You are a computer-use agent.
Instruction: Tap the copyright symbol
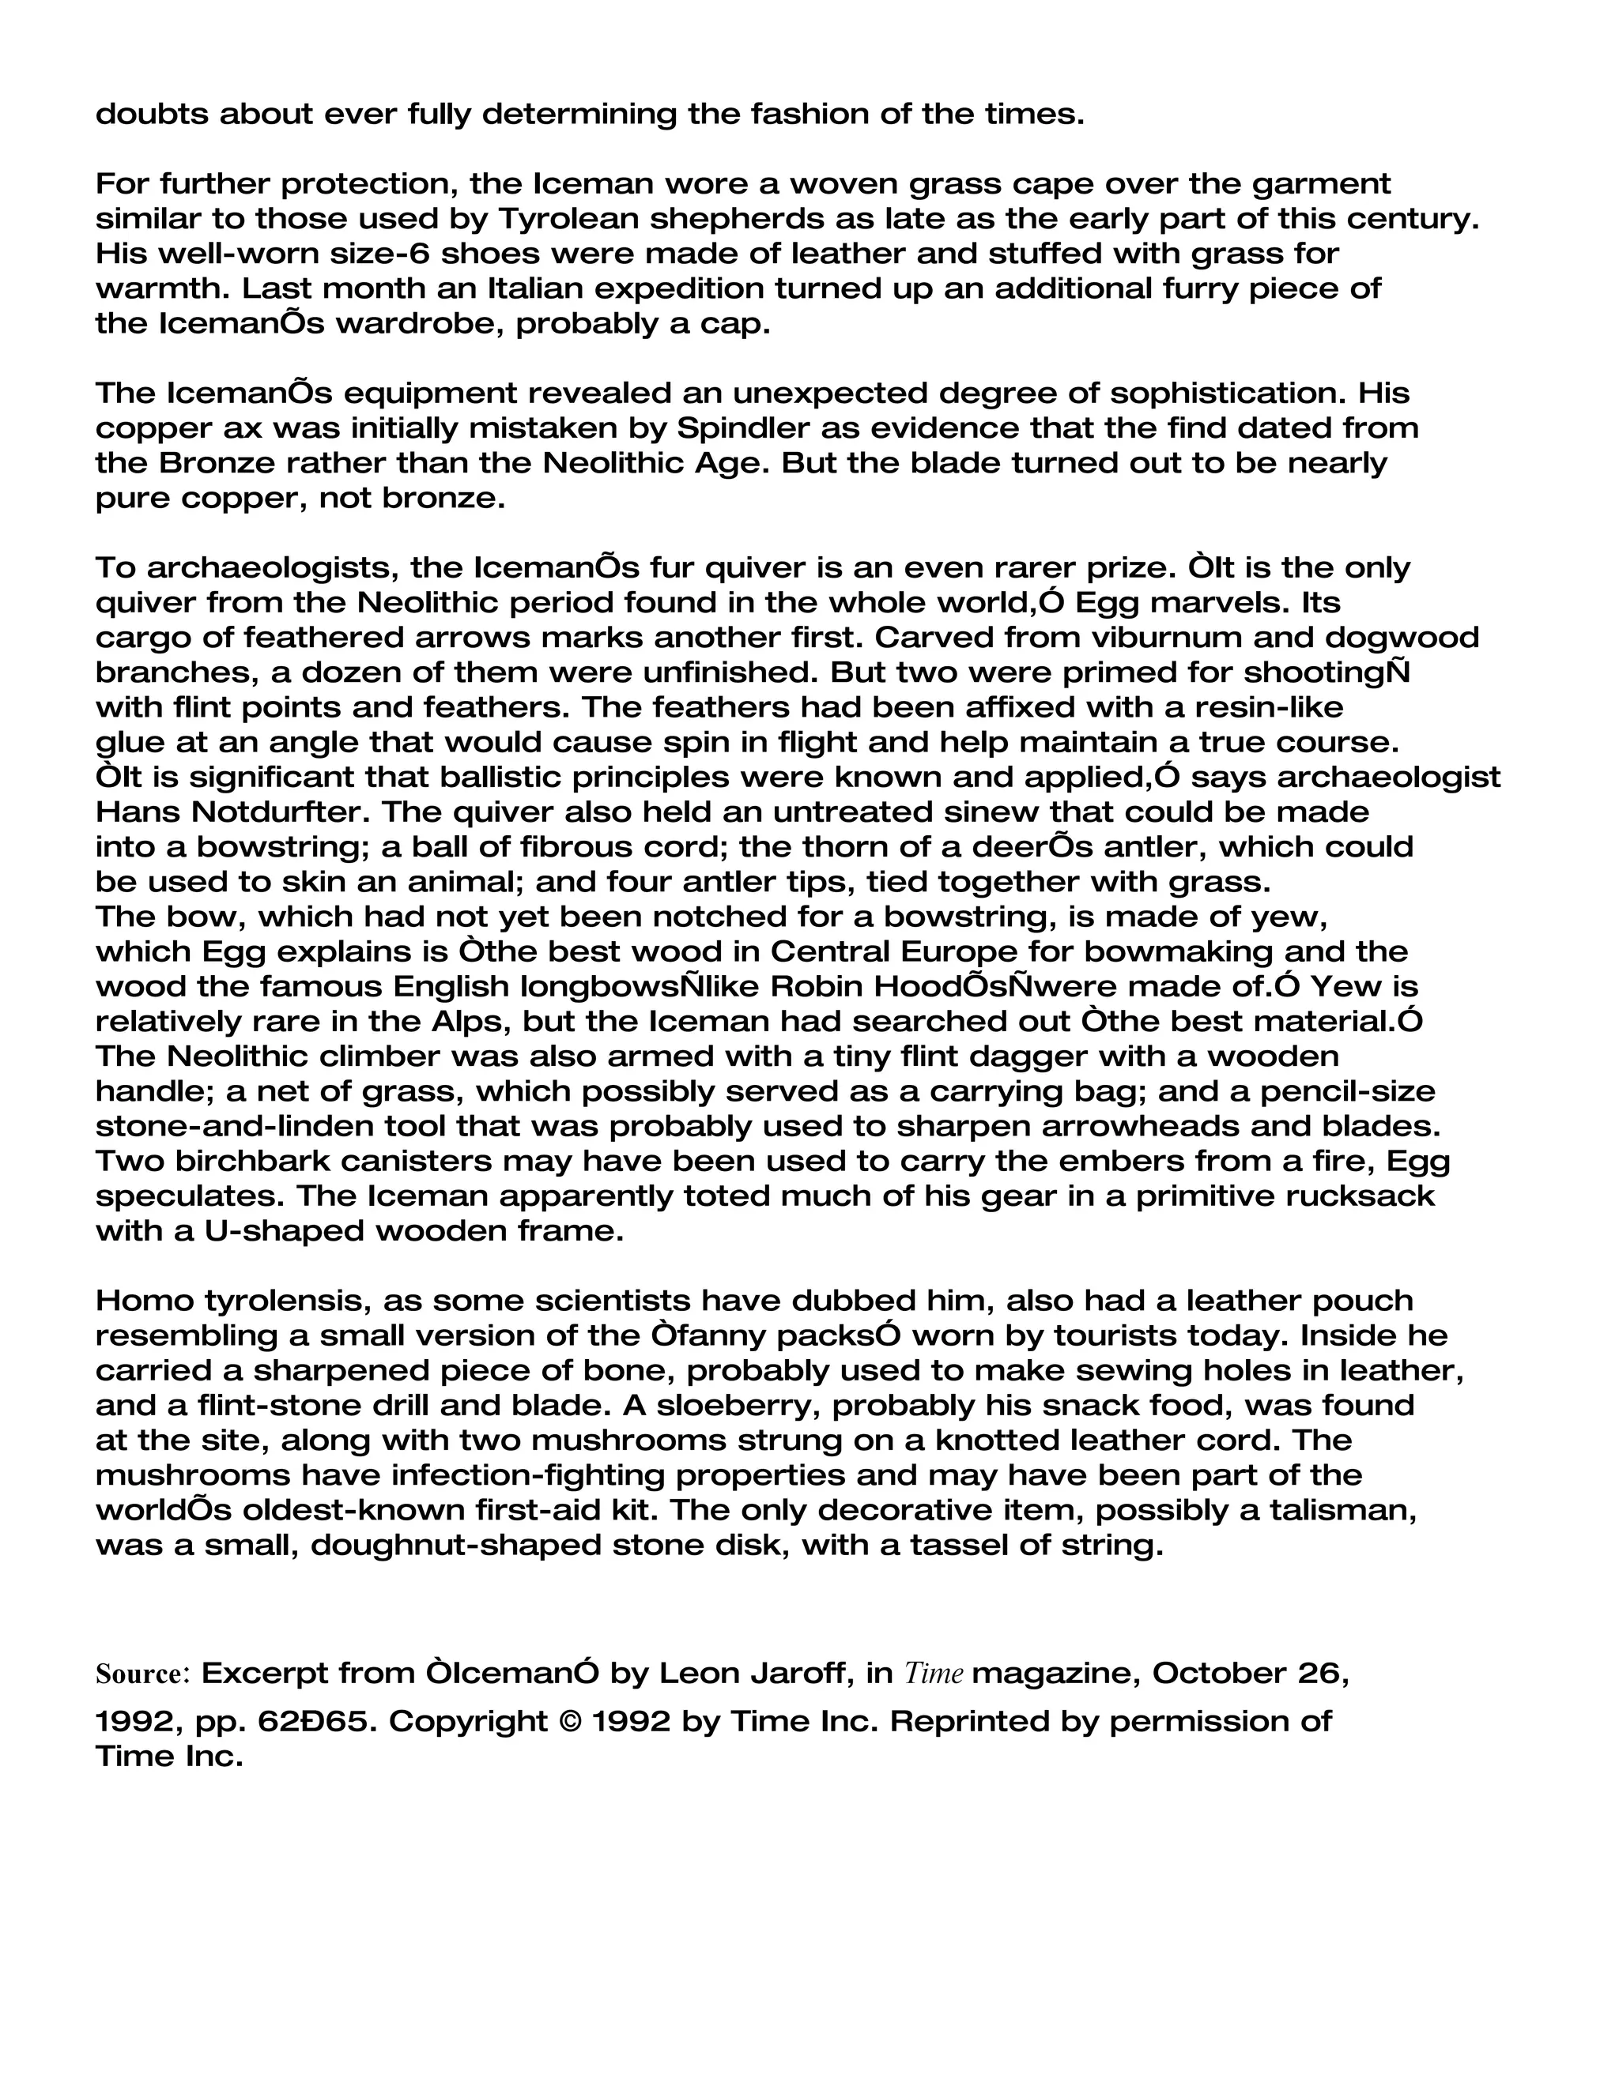coord(568,1721)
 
